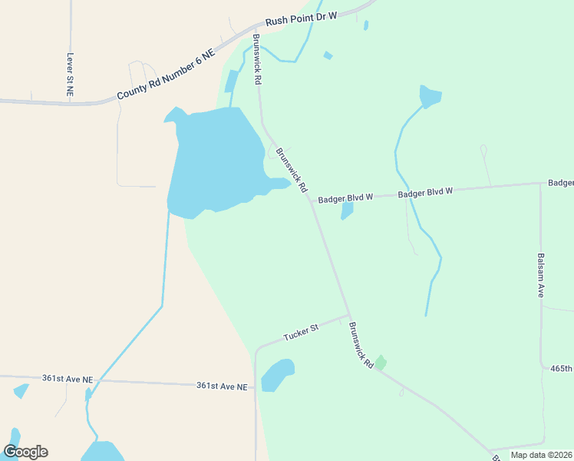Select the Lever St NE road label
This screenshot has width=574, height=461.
pyautogui.click(x=70, y=74)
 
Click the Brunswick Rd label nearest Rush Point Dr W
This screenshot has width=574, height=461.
pyautogui.click(x=258, y=58)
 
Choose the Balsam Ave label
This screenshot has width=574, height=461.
pyautogui.click(x=540, y=275)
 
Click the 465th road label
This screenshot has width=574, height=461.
pyautogui.click(x=562, y=369)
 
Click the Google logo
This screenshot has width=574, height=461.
pyautogui.click(x=25, y=452)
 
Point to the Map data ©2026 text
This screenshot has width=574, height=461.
pyautogui.click(x=541, y=455)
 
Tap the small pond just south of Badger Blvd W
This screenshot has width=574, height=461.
pyautogui.click(x=347, y=210)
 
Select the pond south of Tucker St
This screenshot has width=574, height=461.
pyautogui.click(x=277, y=375)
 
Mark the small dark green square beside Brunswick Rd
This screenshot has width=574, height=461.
pyautogui.click(x=380, y=362)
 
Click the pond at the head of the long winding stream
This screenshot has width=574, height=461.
pyautogui.click(x=430, y=96)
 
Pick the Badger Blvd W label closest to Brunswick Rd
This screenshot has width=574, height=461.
pyautogui.click(x=345, y=197)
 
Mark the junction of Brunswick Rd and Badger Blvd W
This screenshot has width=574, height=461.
pyautogui.click(x=310, y=199)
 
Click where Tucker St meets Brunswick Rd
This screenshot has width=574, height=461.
pyautogui.click(x=349, y=315)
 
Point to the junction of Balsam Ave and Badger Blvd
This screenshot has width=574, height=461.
pyautogui.click(x=540, y=184)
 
